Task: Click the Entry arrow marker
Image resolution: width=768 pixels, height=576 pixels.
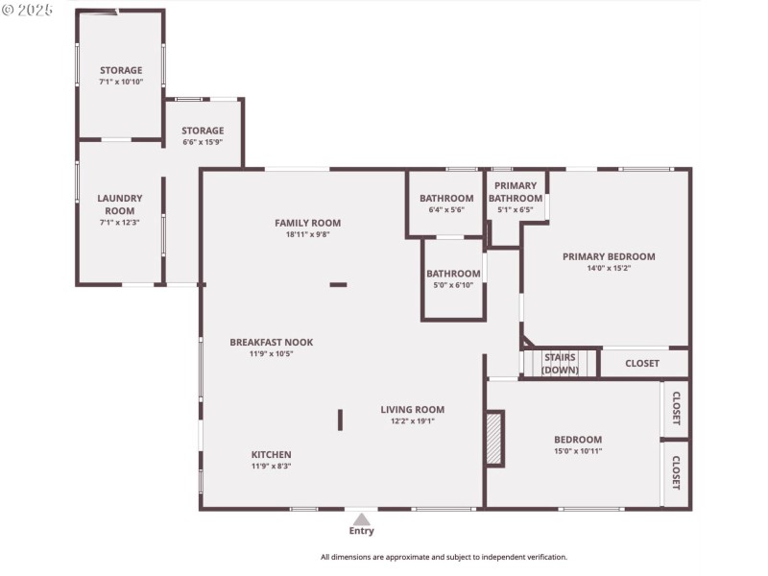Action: [x=361, y=518]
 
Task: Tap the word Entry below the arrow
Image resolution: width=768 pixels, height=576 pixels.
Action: [x=361, y=531]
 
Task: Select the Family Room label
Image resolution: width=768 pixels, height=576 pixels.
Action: [x=307, y=223]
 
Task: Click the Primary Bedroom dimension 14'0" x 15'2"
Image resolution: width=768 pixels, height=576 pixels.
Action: [x=609, y=268]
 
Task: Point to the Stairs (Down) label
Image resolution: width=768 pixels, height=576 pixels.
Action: [x=560, y=364]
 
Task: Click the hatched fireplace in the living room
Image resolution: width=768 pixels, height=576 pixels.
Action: [x=494, y=439]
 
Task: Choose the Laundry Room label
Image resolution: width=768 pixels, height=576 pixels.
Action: [x=120, y=204]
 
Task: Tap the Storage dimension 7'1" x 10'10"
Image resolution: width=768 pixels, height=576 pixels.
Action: [x=121, y=83]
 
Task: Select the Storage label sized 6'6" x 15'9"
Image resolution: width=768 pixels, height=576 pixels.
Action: [x=203, y=131]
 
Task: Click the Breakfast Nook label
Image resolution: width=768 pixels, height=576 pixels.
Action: [x=271, y=342]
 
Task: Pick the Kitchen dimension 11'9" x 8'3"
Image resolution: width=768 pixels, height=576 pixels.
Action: [x=271, y=466]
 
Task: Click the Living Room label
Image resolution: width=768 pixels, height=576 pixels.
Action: [x=412, y=409]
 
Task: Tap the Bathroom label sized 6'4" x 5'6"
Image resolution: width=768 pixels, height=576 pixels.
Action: [x=445, y=198]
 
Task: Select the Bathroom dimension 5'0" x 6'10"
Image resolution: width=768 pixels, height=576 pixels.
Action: [x=453, y=285]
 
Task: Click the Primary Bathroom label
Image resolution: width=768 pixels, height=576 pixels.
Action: [x=516, y=192]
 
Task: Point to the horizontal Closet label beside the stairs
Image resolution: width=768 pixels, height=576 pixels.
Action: [x=642, y=364]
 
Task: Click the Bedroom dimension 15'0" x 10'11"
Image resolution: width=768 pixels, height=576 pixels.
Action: [x=577, y=450]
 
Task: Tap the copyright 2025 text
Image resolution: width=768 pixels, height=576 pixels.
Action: [x=28, y=10]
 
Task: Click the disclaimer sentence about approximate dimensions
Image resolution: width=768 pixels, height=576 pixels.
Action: [x=444, y=557]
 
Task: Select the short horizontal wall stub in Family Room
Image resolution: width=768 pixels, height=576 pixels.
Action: [x=338, y=284]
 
